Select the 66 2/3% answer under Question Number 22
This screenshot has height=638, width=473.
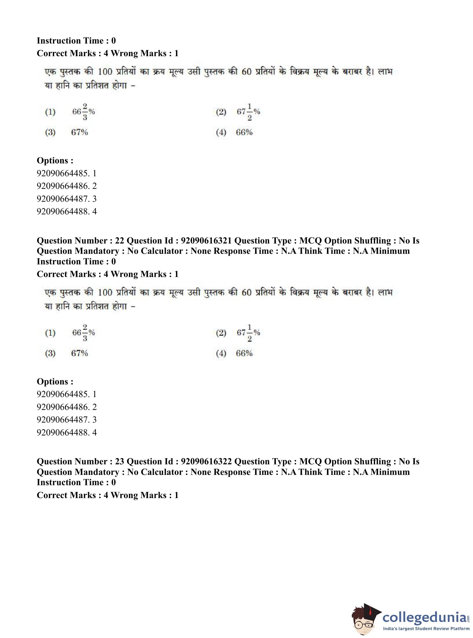click(x=83, y=332)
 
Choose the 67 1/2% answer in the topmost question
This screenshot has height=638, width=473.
click(x=248, y=112)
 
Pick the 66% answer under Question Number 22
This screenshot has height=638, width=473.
click(x=244, y=353)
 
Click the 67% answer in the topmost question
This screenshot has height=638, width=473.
click(x=79, y=132)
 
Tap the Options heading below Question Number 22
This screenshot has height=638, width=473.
click(x=55, y=381)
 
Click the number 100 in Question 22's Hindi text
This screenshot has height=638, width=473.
click(x=105, y=292)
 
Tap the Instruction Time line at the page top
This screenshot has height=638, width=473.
click(x=76, y=41)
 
